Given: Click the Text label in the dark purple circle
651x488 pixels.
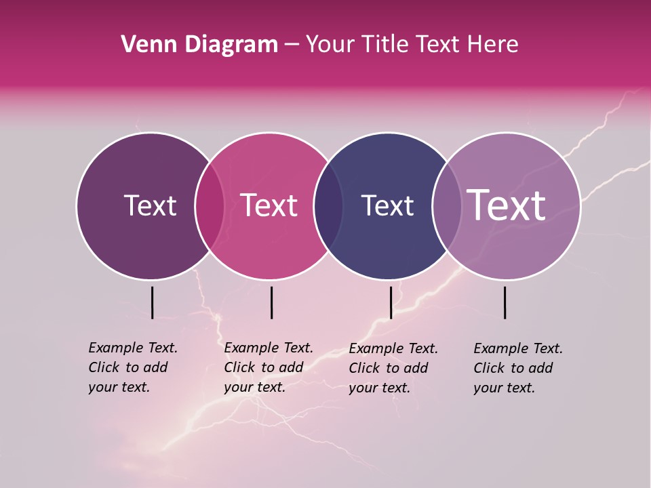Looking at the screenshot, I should [150, 205].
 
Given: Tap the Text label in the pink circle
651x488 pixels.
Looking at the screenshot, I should [269, 205].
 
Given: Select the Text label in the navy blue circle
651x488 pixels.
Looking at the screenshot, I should [387, 205].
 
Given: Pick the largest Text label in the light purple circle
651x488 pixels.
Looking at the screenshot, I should [507, 205].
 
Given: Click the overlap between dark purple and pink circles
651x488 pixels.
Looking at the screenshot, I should [210, 205].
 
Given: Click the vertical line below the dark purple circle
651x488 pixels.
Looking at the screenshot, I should [152, 302].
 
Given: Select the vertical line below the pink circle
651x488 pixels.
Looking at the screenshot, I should [271, 302].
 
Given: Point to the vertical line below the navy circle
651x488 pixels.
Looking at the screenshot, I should [391, 302].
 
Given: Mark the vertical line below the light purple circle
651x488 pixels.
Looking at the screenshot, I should [505, 302].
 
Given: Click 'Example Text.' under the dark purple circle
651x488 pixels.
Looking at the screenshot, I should [133, 348].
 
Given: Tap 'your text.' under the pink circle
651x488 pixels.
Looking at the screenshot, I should [254, 387].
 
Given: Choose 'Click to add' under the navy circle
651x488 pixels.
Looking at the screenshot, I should [389, 368].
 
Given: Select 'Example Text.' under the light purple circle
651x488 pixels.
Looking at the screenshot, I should [518, 348].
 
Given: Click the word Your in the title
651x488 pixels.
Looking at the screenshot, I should [329, 44].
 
